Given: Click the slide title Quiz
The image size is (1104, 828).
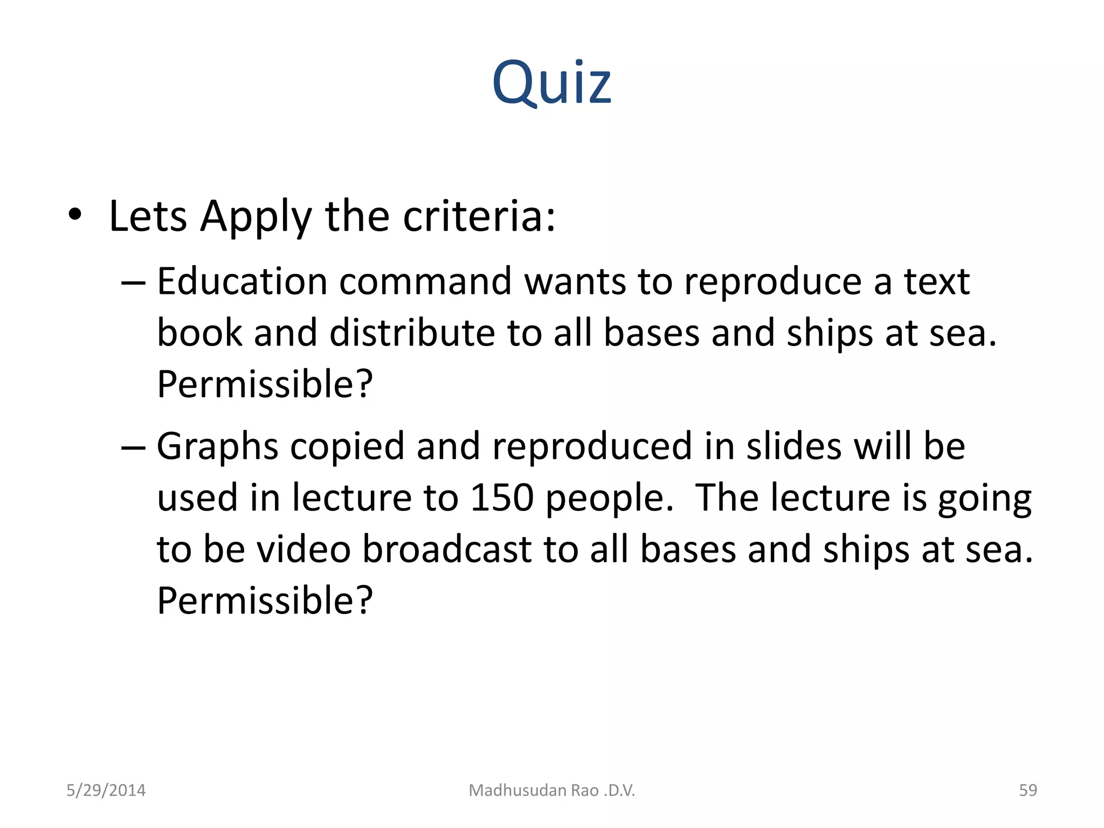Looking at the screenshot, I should click(x=551, y=82).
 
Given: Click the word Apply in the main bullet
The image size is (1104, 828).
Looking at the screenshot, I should click(x=256, y=217).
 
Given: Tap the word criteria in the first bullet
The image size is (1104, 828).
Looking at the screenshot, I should click(x=479, y=217).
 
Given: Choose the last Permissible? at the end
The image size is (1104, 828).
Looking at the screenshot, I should click(x=265, y=601).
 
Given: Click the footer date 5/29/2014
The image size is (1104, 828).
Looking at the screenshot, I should click(x=106, y=790).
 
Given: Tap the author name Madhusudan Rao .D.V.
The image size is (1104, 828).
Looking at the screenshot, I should click(x=552, y=790).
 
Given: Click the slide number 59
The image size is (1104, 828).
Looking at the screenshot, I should click(x=1028, y=790).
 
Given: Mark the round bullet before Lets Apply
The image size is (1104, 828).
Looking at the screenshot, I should click(x=75, y=216).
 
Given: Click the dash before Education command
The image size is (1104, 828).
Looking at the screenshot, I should click(x=133, y=282).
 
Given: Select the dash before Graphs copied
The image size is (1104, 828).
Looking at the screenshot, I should click(x=133, y=447).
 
